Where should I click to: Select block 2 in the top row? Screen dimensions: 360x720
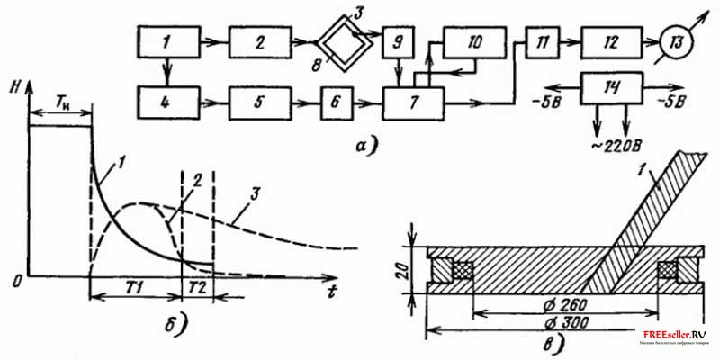258,41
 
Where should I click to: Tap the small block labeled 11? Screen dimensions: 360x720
539,41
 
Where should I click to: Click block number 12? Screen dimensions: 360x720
610,41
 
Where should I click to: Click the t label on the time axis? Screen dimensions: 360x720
333,290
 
